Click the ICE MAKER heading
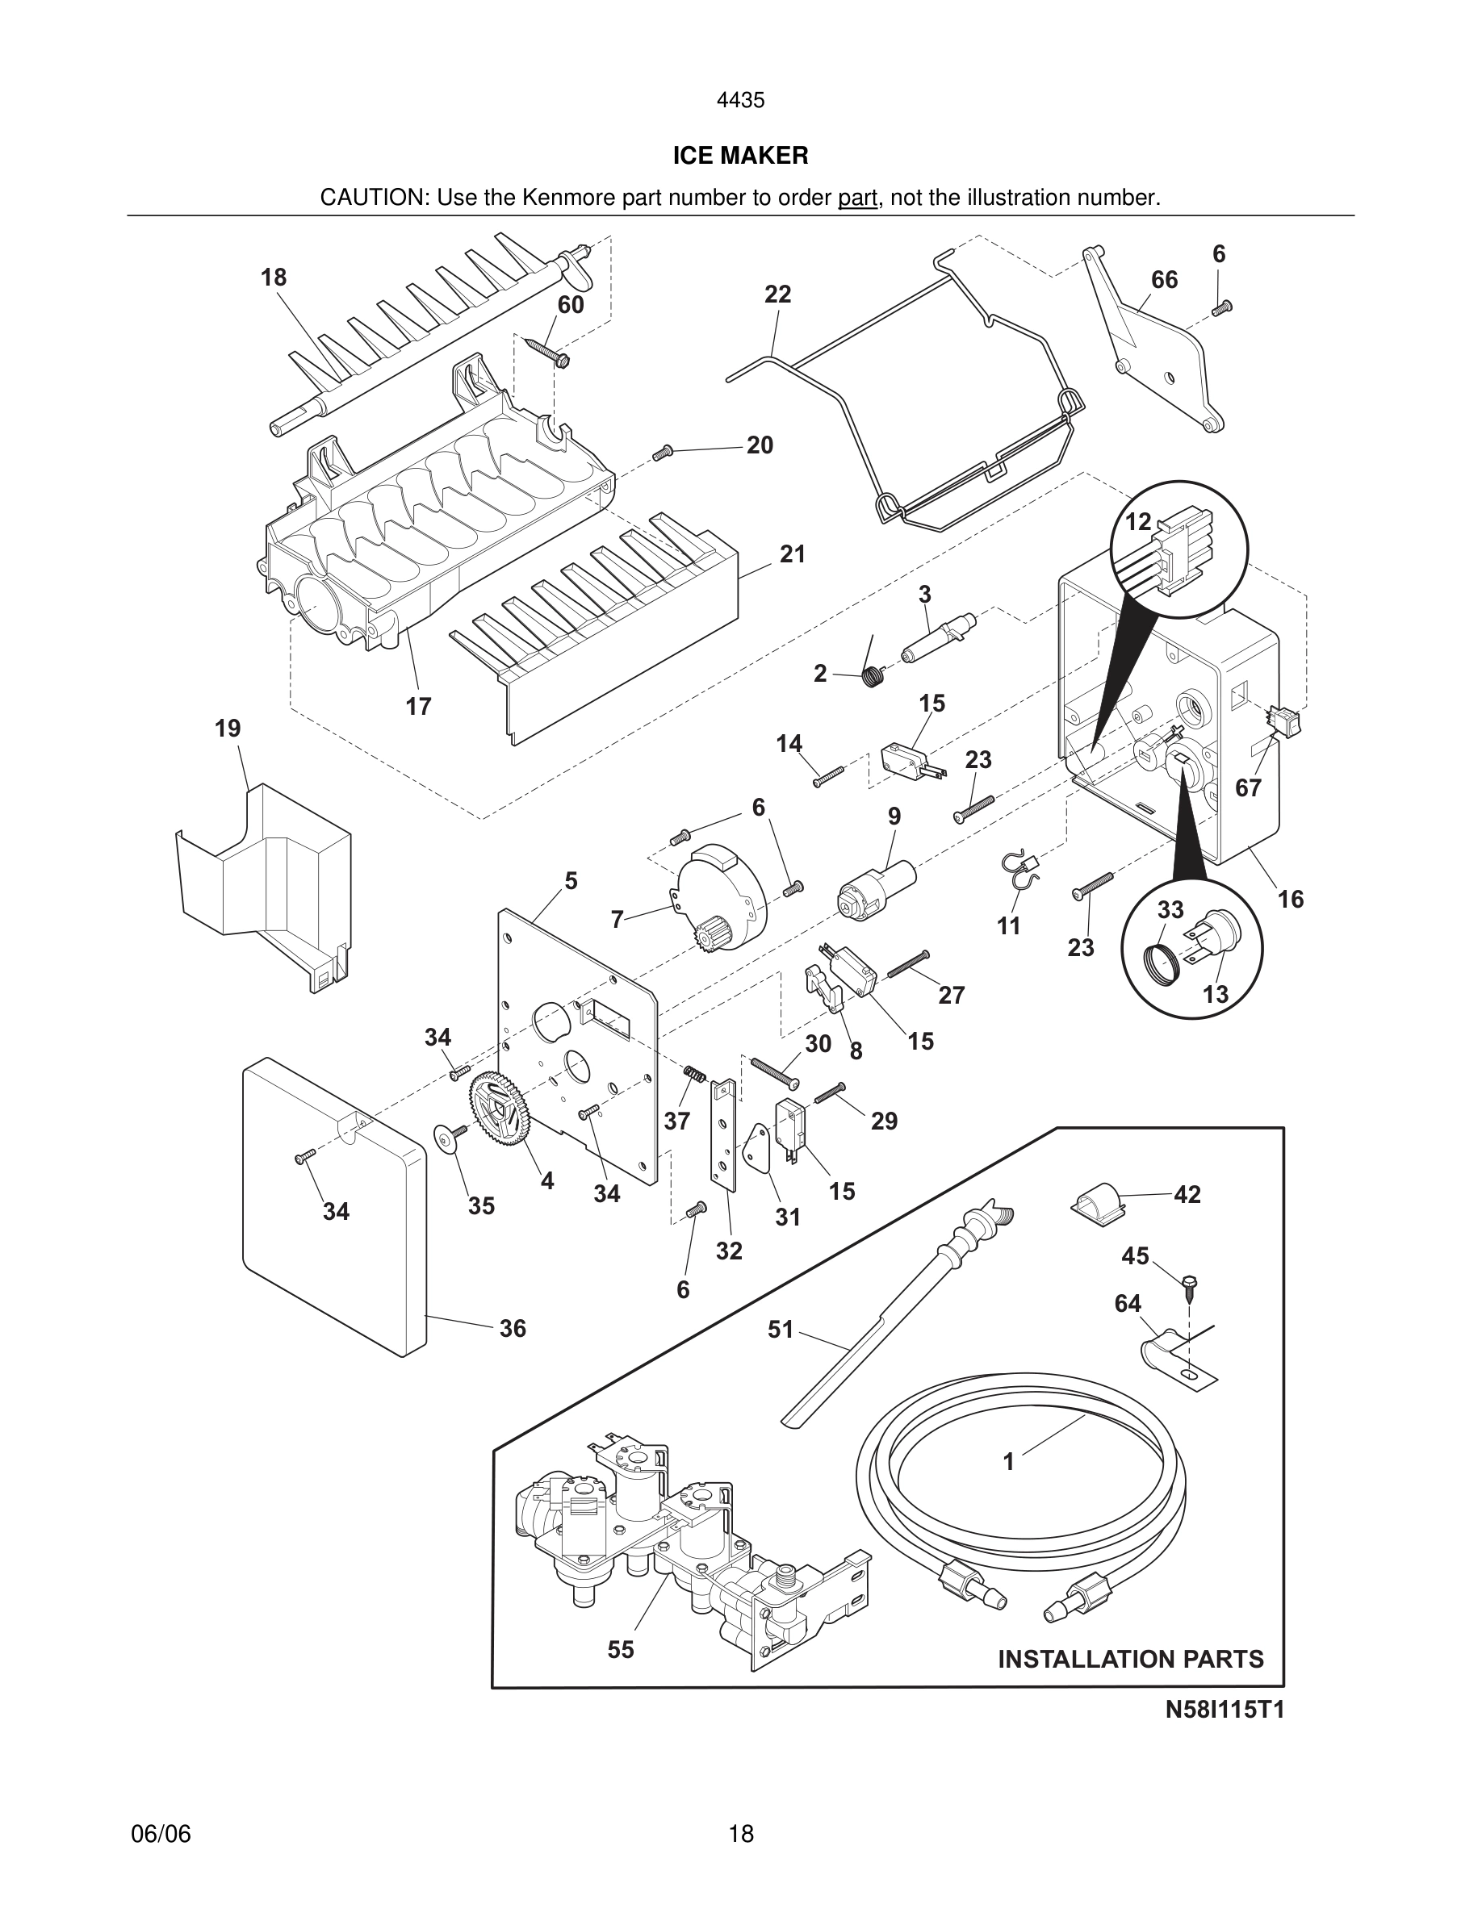[740, 156]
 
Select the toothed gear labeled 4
[501, 1110]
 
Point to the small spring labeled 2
[873, 676]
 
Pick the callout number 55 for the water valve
[620, 1649]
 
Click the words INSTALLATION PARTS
[1131, 1659]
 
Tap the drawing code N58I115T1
[1225, 1710]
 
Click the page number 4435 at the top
[740, 100]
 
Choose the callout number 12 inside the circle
[1138, 521]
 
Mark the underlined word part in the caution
[858, 198]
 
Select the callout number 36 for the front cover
[513, 1328]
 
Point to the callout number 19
[228, 729]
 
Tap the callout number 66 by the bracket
[1164, 279]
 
